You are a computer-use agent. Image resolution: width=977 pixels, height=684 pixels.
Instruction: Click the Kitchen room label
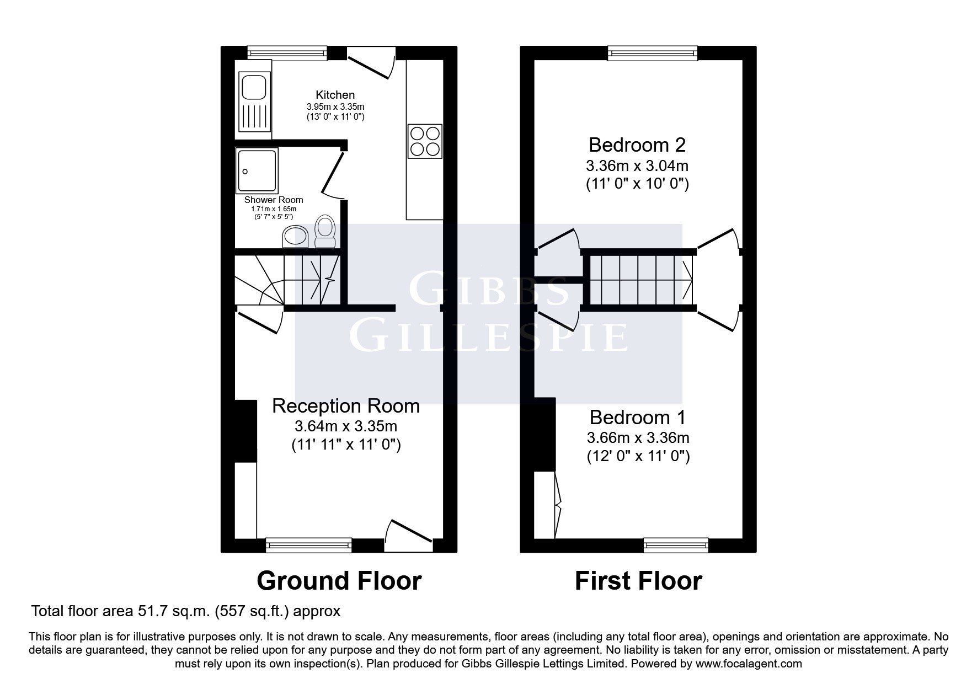[335, 95]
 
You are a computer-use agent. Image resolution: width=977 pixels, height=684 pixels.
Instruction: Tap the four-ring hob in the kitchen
[425, 141]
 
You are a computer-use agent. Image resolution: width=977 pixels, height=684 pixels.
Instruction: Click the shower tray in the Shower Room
[257, 170]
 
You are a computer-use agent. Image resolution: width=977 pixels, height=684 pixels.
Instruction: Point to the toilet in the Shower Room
[325, 231]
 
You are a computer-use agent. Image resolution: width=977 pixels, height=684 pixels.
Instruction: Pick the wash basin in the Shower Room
[295, 237]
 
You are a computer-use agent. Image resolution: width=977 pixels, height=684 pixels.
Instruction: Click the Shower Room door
[333, 173]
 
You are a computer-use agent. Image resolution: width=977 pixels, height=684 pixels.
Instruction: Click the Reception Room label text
[346, 406]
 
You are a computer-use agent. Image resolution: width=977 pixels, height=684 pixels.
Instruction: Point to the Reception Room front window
[308, 545]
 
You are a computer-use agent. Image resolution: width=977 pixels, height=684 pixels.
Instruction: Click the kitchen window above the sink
[287, 53]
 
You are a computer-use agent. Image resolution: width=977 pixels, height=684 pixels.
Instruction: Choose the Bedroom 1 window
[676, 545]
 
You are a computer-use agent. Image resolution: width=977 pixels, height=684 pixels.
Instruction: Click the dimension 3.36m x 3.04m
[637, 165]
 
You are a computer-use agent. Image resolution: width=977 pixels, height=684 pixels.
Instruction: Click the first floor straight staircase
[638, 279]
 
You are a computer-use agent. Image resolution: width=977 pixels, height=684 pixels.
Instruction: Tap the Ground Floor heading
[339, 581]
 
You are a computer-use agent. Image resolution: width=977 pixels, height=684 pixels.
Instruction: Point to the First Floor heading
[638, 581]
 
